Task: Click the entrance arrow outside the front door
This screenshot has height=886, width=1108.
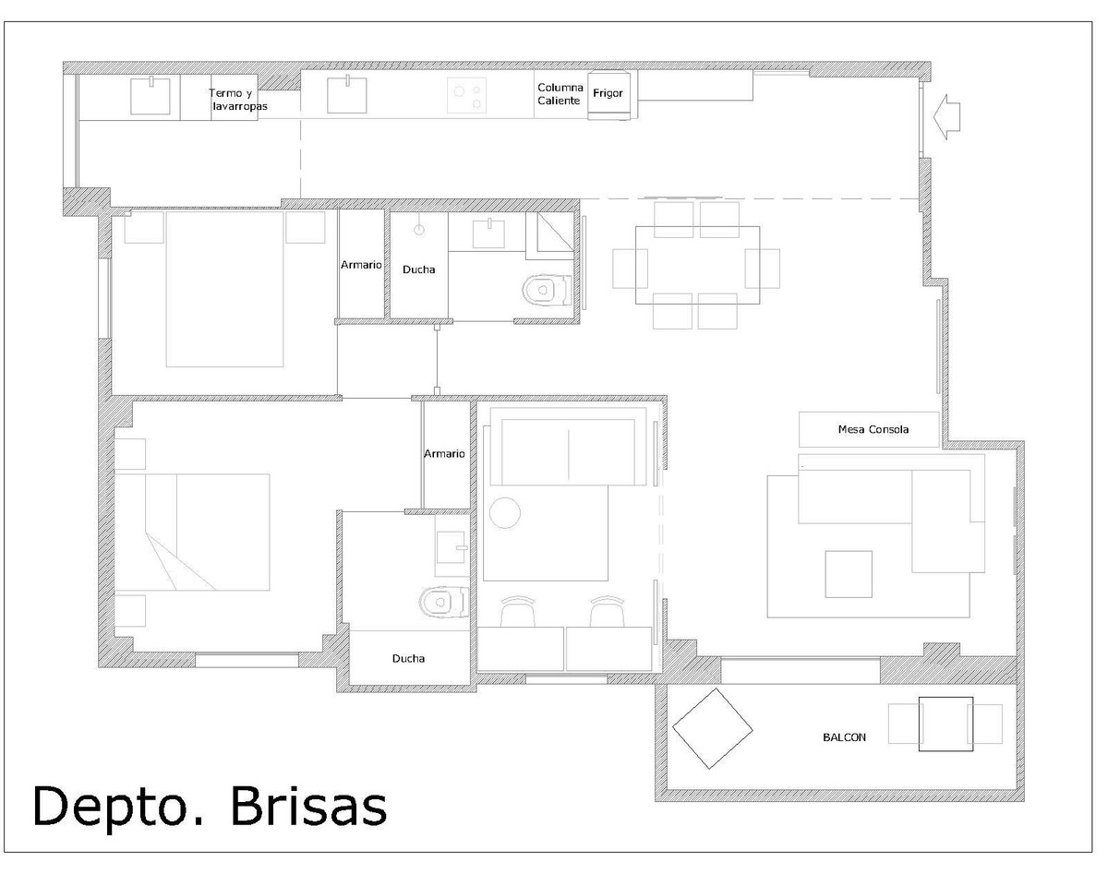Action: click(x=946, y=117)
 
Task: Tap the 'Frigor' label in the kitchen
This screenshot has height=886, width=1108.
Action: click(x=608, y=93)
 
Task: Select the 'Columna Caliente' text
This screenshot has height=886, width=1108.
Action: click(x=560, y=94)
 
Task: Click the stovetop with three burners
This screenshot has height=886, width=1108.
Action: click(x=466, y=95)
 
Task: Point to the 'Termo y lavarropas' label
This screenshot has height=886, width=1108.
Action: click(x=238, y=100)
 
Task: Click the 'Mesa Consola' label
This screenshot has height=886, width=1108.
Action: click(x=873, y=429)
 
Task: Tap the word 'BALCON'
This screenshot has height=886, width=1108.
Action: click(x=844, y=737)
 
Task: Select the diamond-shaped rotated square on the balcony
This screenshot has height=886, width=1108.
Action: click(x=712, y=728)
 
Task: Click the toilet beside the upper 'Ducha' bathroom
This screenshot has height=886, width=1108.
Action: click(x=547, y=291)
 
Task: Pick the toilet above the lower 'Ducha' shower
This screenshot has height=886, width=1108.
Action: click(x=444, y=602)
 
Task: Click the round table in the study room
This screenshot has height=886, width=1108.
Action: click(x=504, y=513)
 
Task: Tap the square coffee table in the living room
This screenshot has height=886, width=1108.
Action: click(x=849, y=574)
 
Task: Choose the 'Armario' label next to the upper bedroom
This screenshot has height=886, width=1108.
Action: click(x=361, y=265)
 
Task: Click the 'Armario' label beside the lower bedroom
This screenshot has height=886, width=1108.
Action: click(x=444, y=453)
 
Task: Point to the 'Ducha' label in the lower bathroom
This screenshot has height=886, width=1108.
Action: click(x=408, y=658)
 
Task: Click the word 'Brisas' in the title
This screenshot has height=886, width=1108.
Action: click(x=308, y=805)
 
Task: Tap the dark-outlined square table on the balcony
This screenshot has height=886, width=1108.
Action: click(x=945, y=724)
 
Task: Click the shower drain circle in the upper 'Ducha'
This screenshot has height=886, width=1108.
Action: click(x=419, y=230)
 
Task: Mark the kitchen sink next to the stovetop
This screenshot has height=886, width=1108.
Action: click(x=347, y=95)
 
